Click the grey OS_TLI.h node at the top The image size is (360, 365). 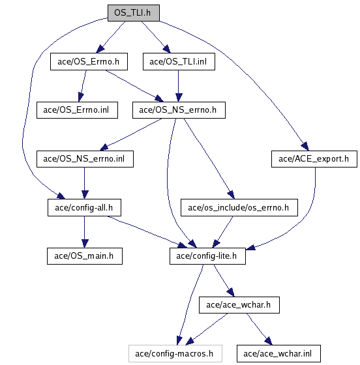[x=134, y=13]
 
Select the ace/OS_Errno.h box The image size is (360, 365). [x=89, y=61]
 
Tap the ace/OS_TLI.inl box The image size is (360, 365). [x=179, y=61]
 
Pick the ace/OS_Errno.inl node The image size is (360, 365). [x=77, y=110]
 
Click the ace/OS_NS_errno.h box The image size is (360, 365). [x=179, y=110]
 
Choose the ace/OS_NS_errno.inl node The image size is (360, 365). [x=85, y=159]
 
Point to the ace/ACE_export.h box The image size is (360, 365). [x=314, y=159]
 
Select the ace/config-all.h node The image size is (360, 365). [x=84, y=207]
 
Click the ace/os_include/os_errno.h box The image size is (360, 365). [x=239, y=207]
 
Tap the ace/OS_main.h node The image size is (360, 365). [x=85, y=256]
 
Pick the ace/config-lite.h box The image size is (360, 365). [x=207, y=256]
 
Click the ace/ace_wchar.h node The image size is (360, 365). [x=239, y=305]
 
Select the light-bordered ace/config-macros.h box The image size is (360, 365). [x=175, y=353]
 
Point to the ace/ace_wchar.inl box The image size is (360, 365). [x=278, y=353]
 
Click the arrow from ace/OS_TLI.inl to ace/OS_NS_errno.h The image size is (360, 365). [x=179, y=86]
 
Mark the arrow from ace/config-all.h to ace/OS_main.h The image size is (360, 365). [x=85, y=232]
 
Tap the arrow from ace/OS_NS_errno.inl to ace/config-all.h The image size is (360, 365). [x=85, y=183]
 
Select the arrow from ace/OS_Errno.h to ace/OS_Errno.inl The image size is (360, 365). [x=83, y=86]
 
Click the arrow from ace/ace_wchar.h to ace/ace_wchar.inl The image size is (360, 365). [x=259, y=329]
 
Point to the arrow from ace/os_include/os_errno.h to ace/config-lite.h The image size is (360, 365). [x=222, y=232]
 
